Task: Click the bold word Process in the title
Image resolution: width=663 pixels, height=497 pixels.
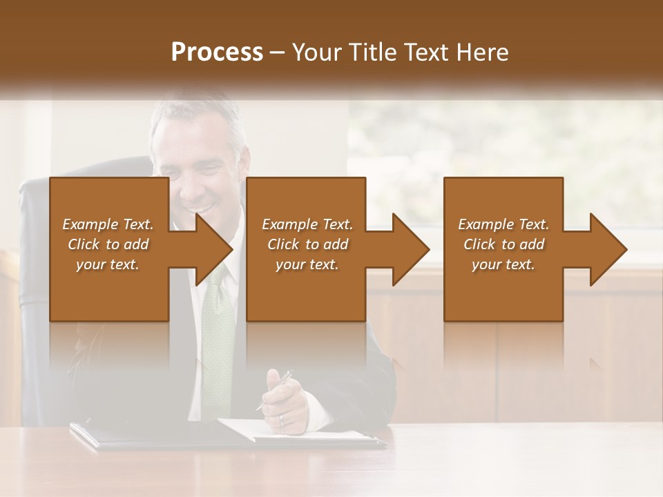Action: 217,52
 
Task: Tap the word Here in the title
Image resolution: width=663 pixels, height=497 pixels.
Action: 483,52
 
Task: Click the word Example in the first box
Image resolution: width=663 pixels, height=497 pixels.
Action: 90,224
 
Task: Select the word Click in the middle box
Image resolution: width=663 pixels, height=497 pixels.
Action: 280,244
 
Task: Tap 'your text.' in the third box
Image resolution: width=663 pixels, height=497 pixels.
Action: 503,264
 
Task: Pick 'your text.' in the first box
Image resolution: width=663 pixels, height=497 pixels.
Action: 108,264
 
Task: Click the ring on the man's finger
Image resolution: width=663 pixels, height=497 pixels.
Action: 282,418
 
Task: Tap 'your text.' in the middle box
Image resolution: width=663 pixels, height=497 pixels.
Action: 307,264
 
